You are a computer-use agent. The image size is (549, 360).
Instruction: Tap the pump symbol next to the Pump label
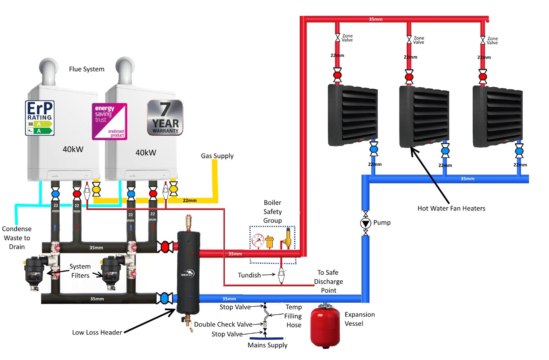click(x=365, y=223)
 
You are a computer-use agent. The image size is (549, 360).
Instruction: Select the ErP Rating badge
click(x=40, y=118)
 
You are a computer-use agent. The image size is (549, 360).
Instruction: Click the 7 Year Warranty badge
click(x=165, y=117)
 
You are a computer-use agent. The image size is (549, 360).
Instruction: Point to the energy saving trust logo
click(x=109, y=121)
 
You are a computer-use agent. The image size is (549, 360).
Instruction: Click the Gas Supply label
click(x=217, y=156)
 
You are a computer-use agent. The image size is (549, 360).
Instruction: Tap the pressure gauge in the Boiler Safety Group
click(x=258, y=241)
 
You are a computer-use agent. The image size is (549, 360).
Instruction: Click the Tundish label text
click(x=249, y=275)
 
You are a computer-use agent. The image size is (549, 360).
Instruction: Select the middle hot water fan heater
click(x=424, y=116)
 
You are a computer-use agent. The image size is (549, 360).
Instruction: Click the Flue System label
click(x=87, y=69)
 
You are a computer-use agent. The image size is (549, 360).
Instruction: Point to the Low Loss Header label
click(x=97, y=333)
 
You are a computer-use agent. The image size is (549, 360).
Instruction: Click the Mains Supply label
click(x=267, y=345)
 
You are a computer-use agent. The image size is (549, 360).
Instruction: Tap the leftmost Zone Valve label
click(x=347, y=38)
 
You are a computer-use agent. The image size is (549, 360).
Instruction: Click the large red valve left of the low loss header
click(x=165, y=247)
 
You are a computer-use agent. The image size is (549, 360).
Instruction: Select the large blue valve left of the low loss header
click(x=164, y=298)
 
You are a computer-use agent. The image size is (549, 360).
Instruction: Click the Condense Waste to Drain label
click(x=17, y=238)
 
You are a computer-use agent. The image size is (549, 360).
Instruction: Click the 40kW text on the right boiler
click(x=146, y=153)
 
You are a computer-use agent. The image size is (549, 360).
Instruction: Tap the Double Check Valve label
click(x=223, y=325)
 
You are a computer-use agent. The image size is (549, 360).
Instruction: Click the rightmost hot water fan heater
click(x=497, y=116)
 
